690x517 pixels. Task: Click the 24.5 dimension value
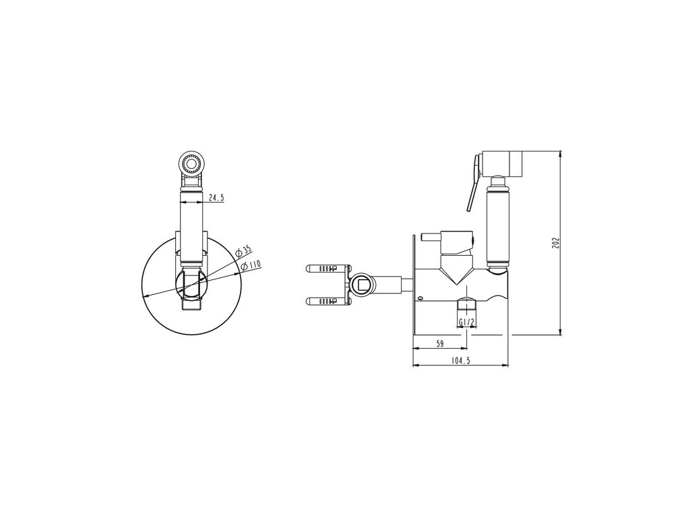[x=216, y=198]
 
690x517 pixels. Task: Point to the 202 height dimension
[x=555, y=242]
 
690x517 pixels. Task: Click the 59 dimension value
[x=439, y=344]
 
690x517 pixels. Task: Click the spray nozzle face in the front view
[x=191, y=164]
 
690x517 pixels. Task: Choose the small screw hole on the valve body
[x=420, y=299]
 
